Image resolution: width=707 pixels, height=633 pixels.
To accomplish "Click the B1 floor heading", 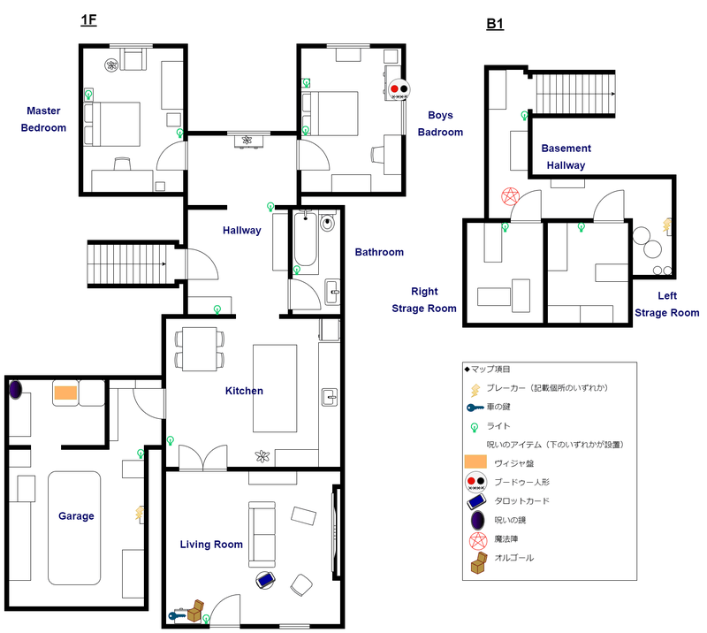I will tap(495, 25).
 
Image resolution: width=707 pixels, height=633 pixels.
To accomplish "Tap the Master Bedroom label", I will tap(44, 119).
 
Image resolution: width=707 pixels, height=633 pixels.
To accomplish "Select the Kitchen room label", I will tap(244, 391).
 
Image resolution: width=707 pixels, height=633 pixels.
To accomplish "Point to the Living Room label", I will tap(211, 545).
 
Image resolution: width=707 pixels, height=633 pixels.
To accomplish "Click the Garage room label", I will tap(76, 516).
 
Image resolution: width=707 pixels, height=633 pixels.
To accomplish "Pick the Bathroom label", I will tap(379, 252).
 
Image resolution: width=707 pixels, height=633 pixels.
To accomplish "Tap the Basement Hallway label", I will tap(566, 156).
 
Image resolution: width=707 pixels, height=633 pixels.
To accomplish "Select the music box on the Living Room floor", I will tap(195, 609).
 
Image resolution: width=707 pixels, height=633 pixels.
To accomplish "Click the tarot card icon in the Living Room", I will tap(265, 580).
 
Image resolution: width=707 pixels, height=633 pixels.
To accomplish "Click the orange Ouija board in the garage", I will tap(65, 393).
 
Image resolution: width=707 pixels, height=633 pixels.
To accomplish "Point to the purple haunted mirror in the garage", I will tap(15, 389).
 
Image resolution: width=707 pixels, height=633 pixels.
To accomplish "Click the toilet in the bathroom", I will tap(329, 224).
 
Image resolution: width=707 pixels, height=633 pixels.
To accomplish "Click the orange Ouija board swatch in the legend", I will tap(475, 461).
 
